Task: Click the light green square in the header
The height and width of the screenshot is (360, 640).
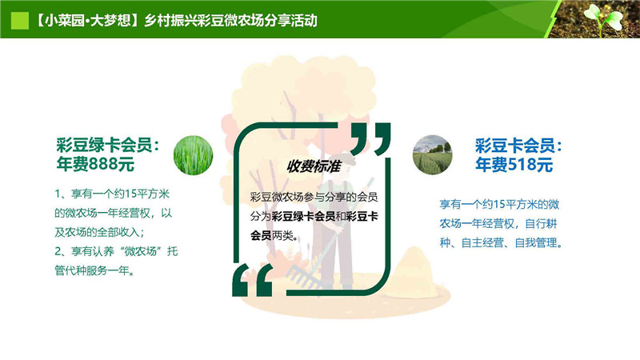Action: point(19,21)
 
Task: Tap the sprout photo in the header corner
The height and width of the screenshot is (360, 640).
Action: point(597,18)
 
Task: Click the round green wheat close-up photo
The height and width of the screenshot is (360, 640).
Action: point(193,155)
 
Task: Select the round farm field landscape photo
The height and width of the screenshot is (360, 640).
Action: point(432,155)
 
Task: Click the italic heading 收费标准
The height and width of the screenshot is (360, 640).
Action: point(314,166)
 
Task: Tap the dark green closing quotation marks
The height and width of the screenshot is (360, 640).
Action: point(370,138)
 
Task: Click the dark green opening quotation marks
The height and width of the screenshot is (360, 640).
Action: point(253,279)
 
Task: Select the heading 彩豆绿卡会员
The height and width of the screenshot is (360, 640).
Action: point(104,145)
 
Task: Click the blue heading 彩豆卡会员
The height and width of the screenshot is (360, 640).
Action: point(514,146)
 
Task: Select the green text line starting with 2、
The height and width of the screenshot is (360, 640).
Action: point(116,251)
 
